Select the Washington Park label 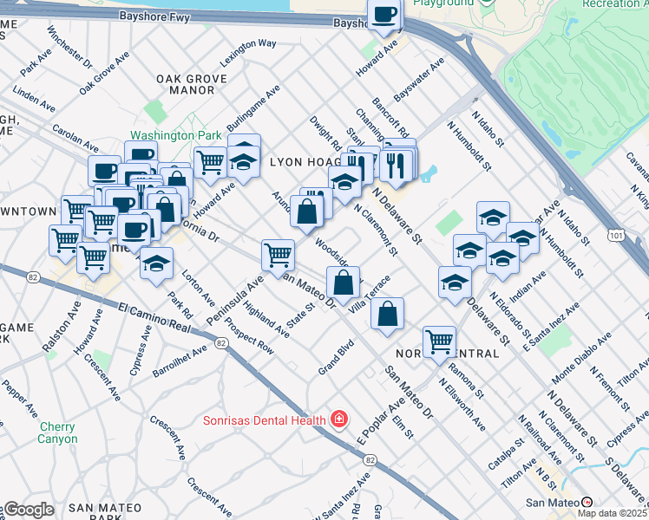pos(176,136)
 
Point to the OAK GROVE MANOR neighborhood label pos(192,84)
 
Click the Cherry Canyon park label pos(57,432)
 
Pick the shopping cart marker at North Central pos(439,341)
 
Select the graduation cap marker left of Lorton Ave pos(156,264)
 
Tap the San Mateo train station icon pos(587,502)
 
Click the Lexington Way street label pos(249,43)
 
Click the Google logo pos(29,510)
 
